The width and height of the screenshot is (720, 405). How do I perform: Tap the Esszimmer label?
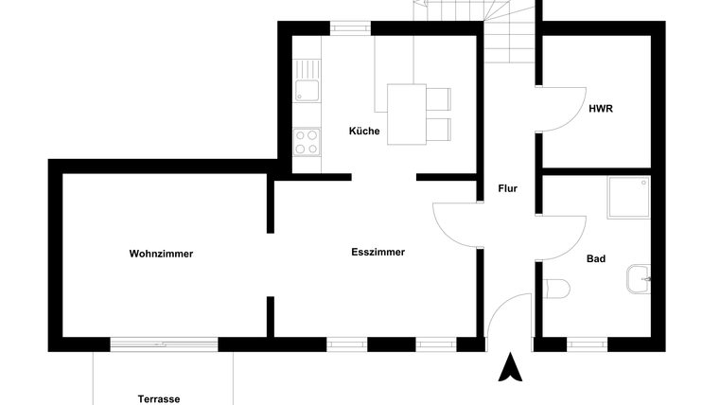click(x=378, y=253)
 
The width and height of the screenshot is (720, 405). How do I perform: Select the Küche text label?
click(x=363, y=132)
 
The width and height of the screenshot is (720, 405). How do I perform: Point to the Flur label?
click(x=508, y=188)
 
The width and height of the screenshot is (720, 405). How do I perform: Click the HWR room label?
click(x=601, y=109)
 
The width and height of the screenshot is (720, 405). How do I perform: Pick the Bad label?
click(x=596, y=258)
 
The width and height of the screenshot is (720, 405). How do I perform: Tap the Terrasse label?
click(x=159, y=398)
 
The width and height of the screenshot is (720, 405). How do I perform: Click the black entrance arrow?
click(x=511, y=367)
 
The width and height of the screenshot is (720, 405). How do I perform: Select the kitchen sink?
click(x=306, y=91)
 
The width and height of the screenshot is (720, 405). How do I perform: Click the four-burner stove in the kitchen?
click(x=306, y=142)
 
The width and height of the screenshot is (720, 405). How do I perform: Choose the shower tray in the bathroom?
click(x=628, y=197)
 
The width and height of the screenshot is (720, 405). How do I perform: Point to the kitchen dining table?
click(x=407, y=114)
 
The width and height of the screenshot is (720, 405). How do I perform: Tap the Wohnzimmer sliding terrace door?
click(x=165, y=343)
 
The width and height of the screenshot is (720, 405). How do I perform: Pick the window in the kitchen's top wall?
click(x=347, y=28)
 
